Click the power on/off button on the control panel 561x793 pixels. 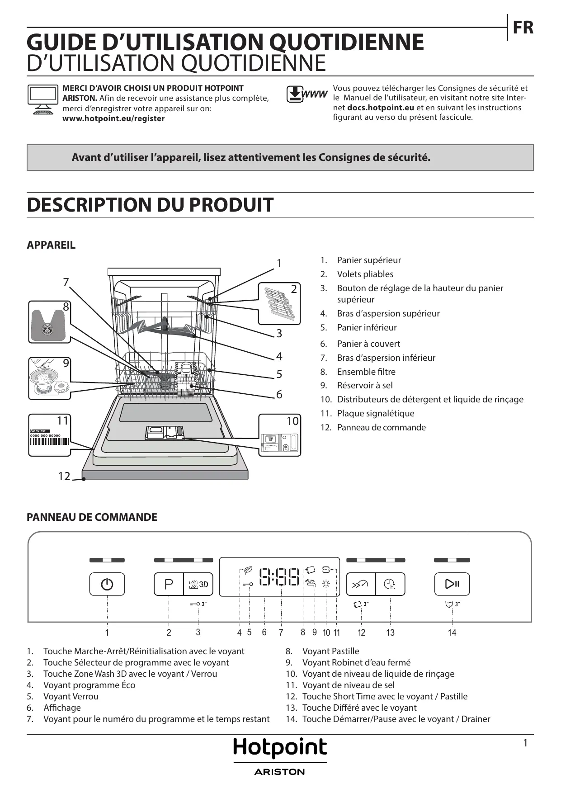(x=107, y=584)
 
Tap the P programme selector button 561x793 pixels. (x=169, y=584)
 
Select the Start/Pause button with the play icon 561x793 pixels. (x=452, y=584)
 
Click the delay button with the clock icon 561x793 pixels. (x=390, y=584)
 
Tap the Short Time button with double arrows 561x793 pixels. (x=361, y=584)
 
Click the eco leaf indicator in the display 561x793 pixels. (x=248, y=570)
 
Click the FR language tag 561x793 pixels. (x=523, y=28)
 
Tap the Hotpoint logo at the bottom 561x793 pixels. (x=280, y=748)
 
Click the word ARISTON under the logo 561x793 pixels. (x=280, y=772)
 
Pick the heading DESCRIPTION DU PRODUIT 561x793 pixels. (x=150, y=205)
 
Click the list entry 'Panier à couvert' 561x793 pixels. (x=368, y=344)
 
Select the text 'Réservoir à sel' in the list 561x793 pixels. (x=365, y=385)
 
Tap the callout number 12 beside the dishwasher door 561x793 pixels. (x=64, y=476)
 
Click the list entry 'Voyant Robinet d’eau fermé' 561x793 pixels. (x=356, y=662)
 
